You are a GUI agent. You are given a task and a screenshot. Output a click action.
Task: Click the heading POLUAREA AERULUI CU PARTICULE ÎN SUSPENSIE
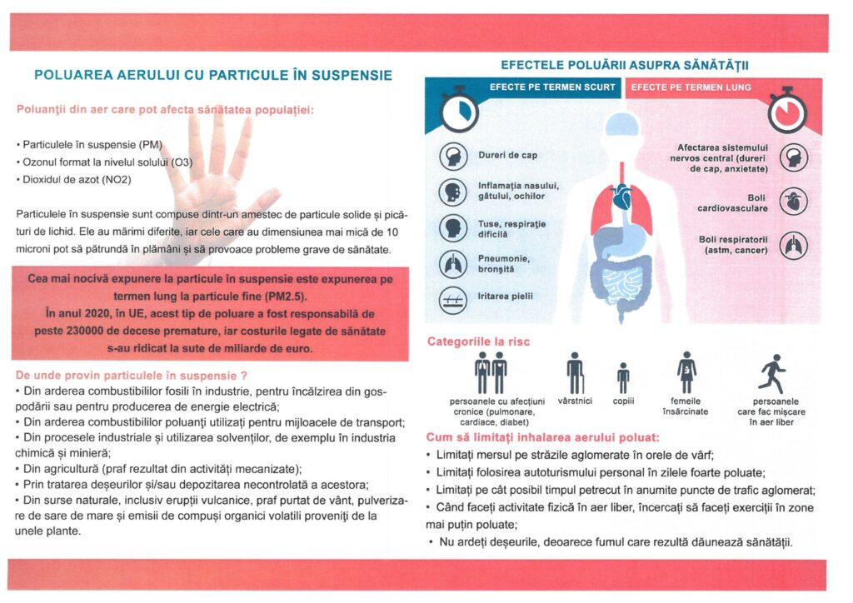click(x=213, y=75)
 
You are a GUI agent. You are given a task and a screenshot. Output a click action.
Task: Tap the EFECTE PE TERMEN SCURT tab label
click(x=552, y=87)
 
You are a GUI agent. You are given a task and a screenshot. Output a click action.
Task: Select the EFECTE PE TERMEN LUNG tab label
click(x=691, y=87)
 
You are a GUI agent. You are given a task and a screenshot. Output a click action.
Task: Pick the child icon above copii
click(x=622, y=378)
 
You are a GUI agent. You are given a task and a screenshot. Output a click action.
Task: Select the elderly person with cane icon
click(x=575, y=372)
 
